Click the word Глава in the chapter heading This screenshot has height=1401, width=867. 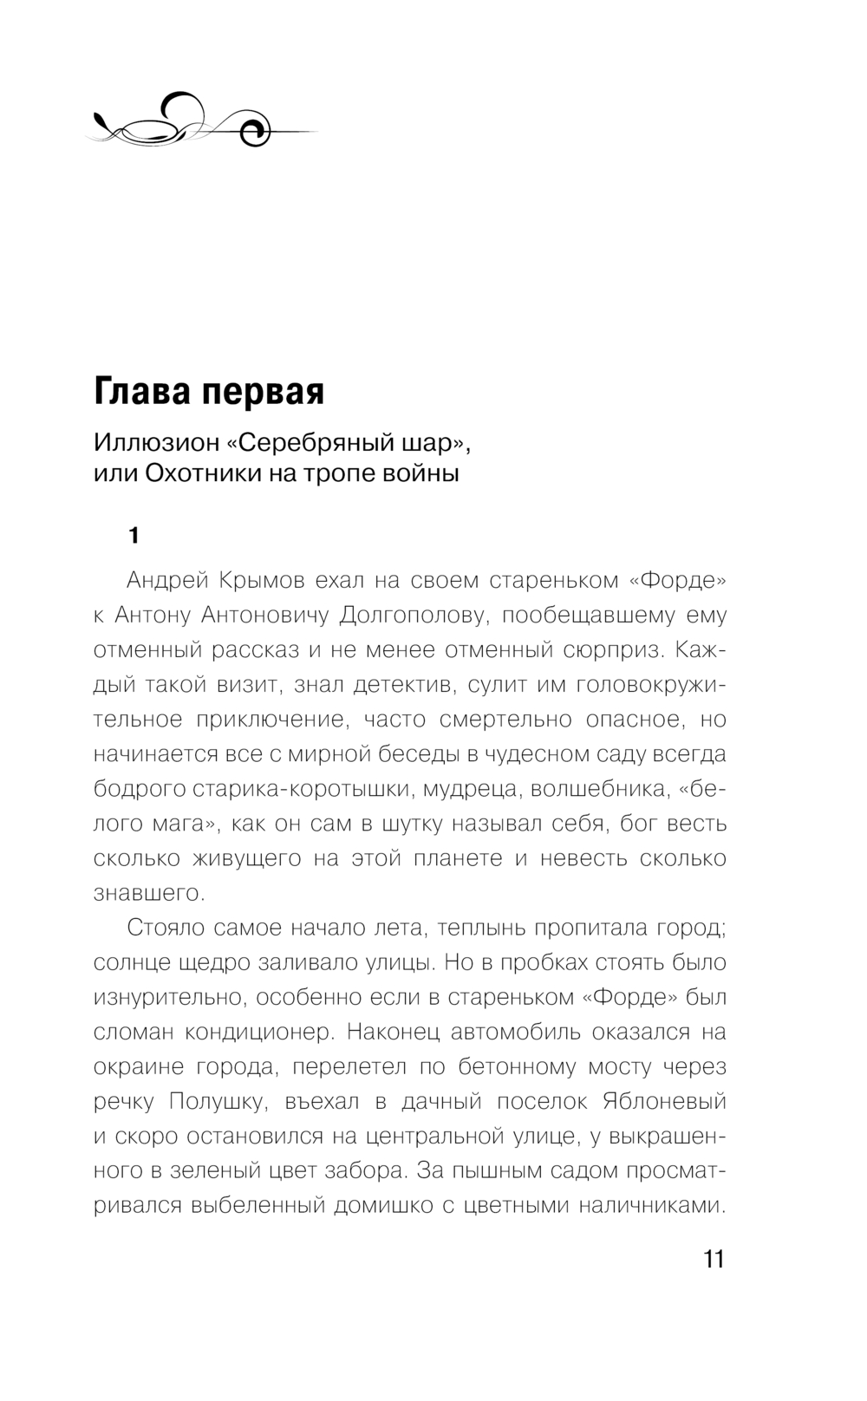click(142, 392)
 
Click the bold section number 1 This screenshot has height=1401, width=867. click(133, 536)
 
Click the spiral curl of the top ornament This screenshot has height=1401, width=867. click(257, 132)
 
